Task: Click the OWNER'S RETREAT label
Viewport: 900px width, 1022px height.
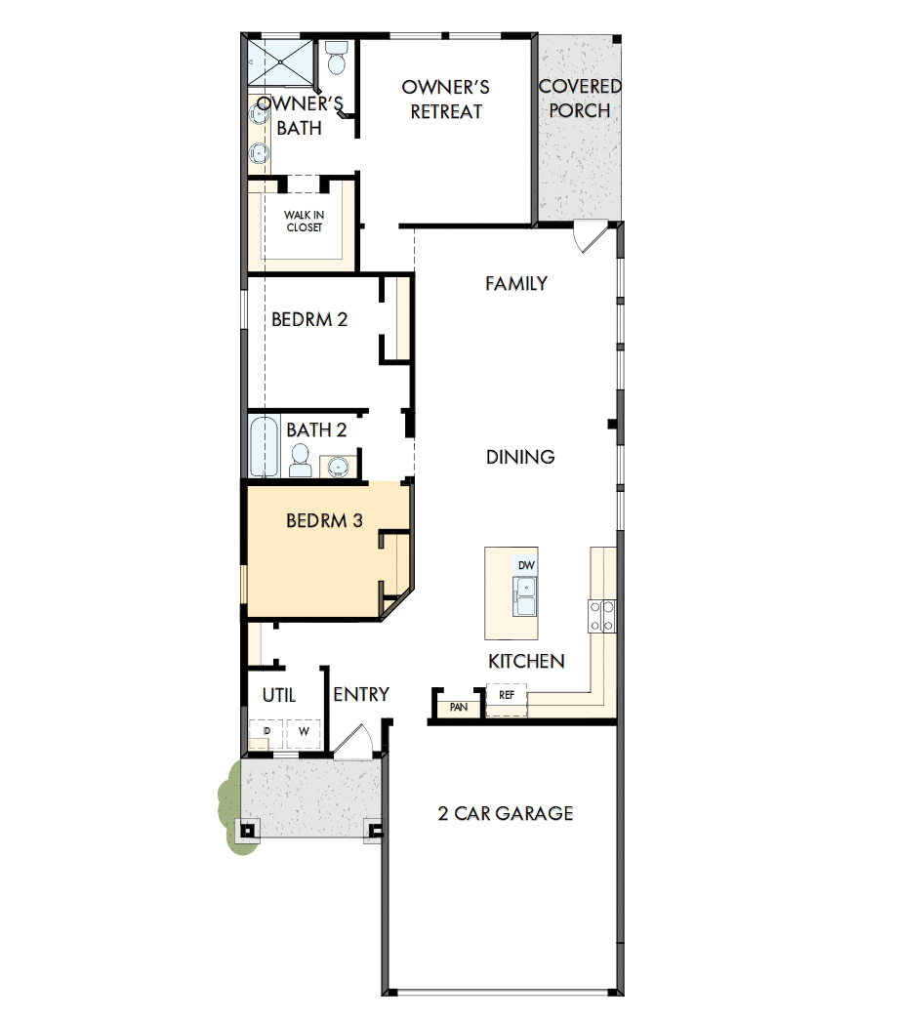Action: [x=445, y=100]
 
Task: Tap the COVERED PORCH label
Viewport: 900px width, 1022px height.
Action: [x=580, y=99]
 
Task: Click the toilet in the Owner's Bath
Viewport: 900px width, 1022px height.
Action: [x=337, y=60]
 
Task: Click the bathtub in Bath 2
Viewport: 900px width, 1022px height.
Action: [x=264, y=446]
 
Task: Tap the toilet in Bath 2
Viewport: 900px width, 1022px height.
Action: [x=301, y=460]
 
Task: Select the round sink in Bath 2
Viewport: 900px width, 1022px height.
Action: [x=338, y=467]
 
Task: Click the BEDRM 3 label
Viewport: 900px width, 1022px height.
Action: [x=324, y=521]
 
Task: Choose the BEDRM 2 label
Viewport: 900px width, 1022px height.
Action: [x=309, y=319]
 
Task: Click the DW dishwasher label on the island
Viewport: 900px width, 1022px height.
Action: [x=526, y=565]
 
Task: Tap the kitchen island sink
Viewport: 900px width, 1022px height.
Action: [x=526, y=596]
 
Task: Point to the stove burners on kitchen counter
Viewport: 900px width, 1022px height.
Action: [x=601, y=616]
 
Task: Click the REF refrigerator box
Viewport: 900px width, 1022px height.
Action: [x=507, y=697]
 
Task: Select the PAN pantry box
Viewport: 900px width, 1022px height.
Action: [x=458, y=707]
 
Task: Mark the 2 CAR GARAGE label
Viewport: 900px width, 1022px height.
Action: [x=505, y=813]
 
